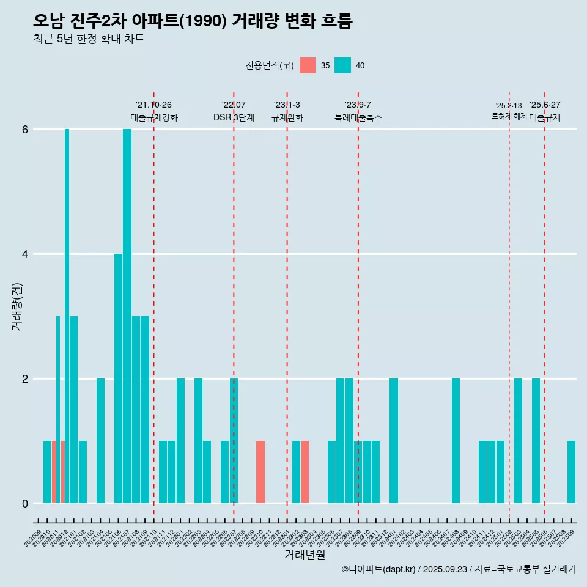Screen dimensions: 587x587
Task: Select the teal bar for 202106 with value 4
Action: coord(118,378)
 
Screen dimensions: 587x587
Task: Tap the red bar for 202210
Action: coord(260,472)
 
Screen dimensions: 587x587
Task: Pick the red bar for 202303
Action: coord(305,472)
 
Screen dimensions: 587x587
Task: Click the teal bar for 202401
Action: coord(394,441)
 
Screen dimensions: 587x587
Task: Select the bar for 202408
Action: coord(456,441)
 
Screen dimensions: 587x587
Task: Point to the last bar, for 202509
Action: coord(571,472)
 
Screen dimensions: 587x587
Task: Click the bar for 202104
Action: coord(100,441)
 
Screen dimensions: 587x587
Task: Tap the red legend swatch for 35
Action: coord(308,65)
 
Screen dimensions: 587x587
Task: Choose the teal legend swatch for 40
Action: coord(343,65)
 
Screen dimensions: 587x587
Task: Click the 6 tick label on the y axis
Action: coord(25,130)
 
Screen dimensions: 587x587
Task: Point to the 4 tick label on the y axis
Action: coord(25,254)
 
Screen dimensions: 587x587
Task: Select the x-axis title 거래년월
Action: coord(304,555)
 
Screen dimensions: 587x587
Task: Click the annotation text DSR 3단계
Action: coord(234,117)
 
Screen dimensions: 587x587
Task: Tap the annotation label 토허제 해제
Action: coord(509,116)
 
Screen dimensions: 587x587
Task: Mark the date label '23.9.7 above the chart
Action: coord(358,105)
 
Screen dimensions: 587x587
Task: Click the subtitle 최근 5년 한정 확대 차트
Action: coord(89,39)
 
